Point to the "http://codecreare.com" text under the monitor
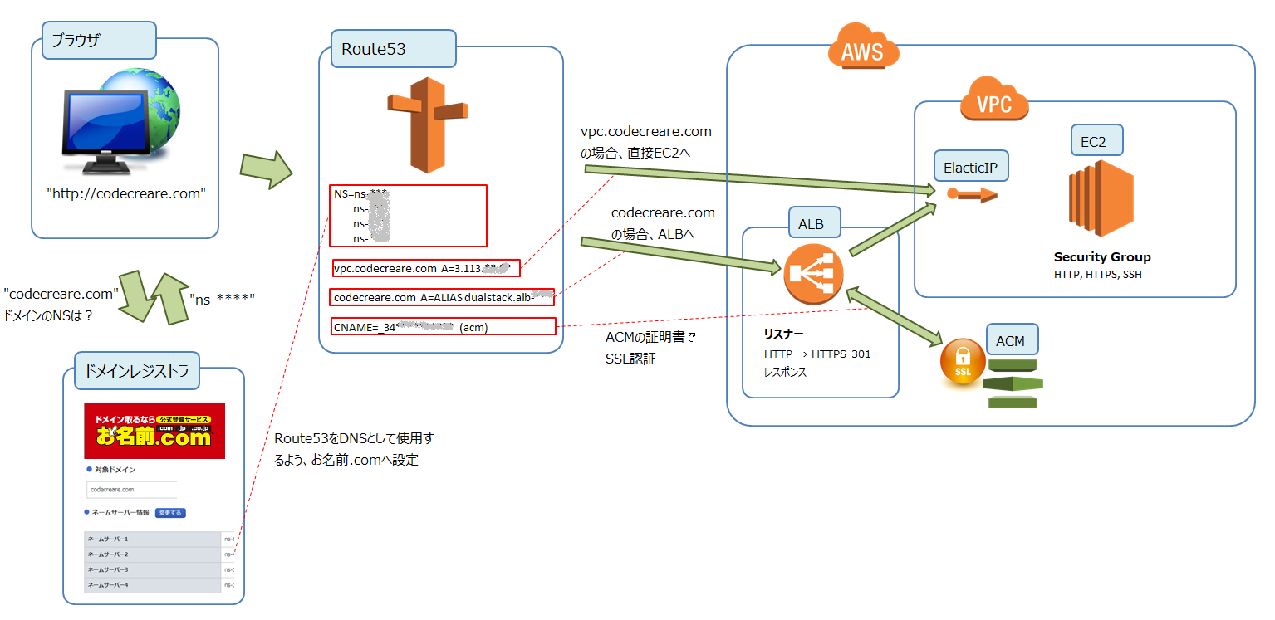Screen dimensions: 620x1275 pyautogui.click(x=125, y=193)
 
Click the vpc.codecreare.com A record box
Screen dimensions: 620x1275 pyautogui.click(x=425, y=268)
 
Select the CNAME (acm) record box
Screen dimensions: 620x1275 pyautogui.click(x=443, y=327)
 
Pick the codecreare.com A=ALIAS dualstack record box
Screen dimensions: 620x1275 pyautogui.click(x=443, y=297)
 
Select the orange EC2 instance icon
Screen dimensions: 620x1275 pyautogui.click(x=1101, y=199)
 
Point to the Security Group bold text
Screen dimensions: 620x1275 pyautogui.click(x=1102, y=257)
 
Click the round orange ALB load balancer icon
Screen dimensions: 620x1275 pyautogui.click(x=813, y=273)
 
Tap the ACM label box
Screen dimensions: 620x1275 pyautogui.click(x=1010, y=341)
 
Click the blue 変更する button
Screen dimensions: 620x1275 pyautogui.click(x=169, y=513)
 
